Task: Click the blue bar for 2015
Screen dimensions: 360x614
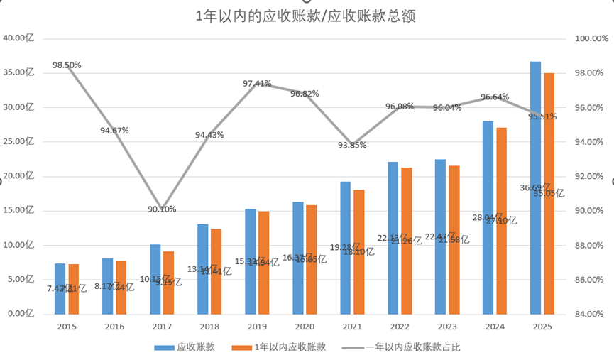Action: [x=60, y=288]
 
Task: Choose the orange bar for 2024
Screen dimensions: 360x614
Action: [x=501, y=221]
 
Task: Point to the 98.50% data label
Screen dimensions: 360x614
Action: [x=67, y=65]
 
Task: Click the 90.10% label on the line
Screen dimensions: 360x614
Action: [x=162, y=209]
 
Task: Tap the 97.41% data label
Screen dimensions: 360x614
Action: [x=257, y=84]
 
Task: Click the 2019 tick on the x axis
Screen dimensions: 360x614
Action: [x=257, y=327]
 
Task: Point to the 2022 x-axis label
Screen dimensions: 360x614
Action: [x=400, y=327]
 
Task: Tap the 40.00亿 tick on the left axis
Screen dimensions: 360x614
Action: [x=18, y=38]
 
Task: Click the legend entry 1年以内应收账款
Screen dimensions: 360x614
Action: [x=284, y=347]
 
